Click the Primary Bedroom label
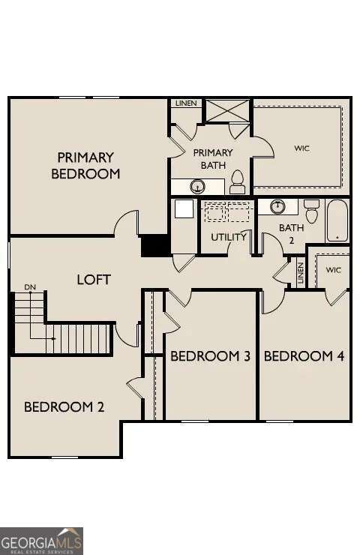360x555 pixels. point(85,165)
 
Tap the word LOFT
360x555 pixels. point(94,280)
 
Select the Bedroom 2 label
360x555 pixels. point(64,407)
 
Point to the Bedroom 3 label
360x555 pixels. point(210,355)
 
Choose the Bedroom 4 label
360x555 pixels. point(304,355)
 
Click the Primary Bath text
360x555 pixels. point(213,157)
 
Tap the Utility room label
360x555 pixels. point(229,237)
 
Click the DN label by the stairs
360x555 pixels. point(30,286)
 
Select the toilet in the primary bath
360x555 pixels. point(238,181)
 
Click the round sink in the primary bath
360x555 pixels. point(199,186)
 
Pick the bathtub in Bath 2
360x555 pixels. point(337,220)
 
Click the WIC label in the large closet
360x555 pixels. point(301,148)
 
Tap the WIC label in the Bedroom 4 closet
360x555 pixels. point(333,269)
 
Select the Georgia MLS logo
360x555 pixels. point(42,541)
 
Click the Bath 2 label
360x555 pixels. point(289,234)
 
